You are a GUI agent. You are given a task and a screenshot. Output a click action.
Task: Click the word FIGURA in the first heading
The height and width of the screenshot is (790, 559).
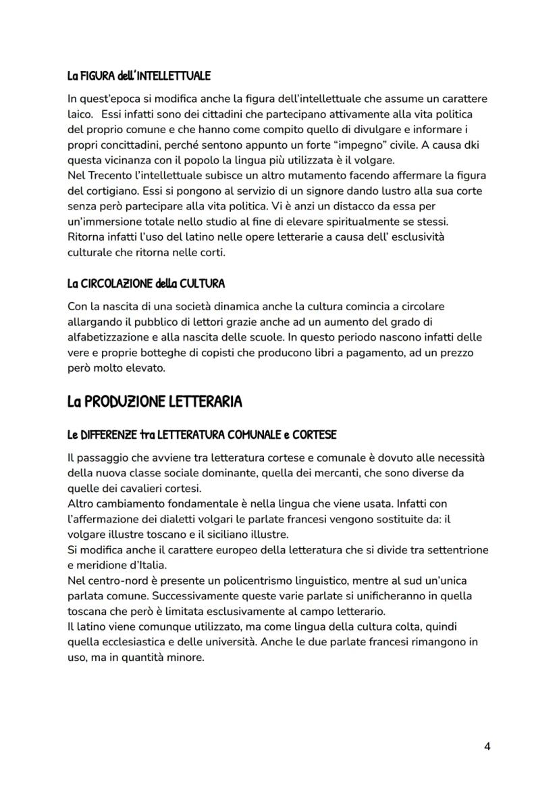click(x=95, y=76)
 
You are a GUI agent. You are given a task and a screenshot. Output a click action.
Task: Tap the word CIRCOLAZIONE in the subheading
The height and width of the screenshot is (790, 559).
click(x=123, y=284)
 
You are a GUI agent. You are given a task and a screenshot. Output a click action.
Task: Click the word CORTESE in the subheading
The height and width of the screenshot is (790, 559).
click(x=313, y=434)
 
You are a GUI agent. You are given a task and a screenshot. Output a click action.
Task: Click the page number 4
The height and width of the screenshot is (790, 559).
click(x=487, y=747)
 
